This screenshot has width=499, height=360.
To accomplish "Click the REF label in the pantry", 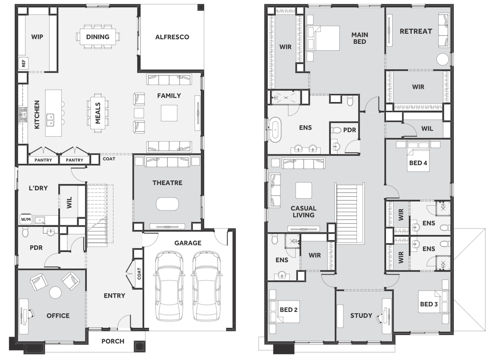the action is click(x=24, y=63).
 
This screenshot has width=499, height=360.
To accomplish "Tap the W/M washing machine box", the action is click(x=26, y=219).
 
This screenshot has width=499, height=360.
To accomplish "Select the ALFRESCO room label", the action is click(x=172, y=37).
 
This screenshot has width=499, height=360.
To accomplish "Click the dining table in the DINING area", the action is click(x=98, y=37).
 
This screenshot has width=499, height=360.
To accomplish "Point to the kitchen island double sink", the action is click(x=50, y=120).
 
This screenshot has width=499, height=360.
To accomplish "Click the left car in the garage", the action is click(x=169, y=286).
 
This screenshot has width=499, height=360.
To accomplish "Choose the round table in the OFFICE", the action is click(x=55, y=292).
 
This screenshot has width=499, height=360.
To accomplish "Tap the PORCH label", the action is click(x=113, y=341).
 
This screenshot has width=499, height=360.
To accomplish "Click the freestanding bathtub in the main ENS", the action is click(x=275, y=129).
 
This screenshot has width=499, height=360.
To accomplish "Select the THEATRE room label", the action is click(x=167, y=183).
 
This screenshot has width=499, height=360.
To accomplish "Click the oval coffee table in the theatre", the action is click(x=167, y=204).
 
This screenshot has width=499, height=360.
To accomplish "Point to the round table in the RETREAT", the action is click(x=442, y=59).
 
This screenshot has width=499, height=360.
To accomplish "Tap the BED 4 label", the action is click(x=418, y=163).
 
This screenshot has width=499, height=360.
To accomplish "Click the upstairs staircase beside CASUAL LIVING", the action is click(x=350, y=213).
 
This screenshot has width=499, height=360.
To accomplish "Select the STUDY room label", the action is click(x=361, y=315).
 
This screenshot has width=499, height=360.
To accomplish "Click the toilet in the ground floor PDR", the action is click(x=25, y=233).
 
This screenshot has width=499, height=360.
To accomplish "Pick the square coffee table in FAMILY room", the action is click(x=169, y=113).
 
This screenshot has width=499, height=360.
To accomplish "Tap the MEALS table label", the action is click(x=98, y=113).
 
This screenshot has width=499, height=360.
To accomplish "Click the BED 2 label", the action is click(x=289, y=310).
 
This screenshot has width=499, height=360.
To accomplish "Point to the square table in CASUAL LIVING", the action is click(x=304, y=191).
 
